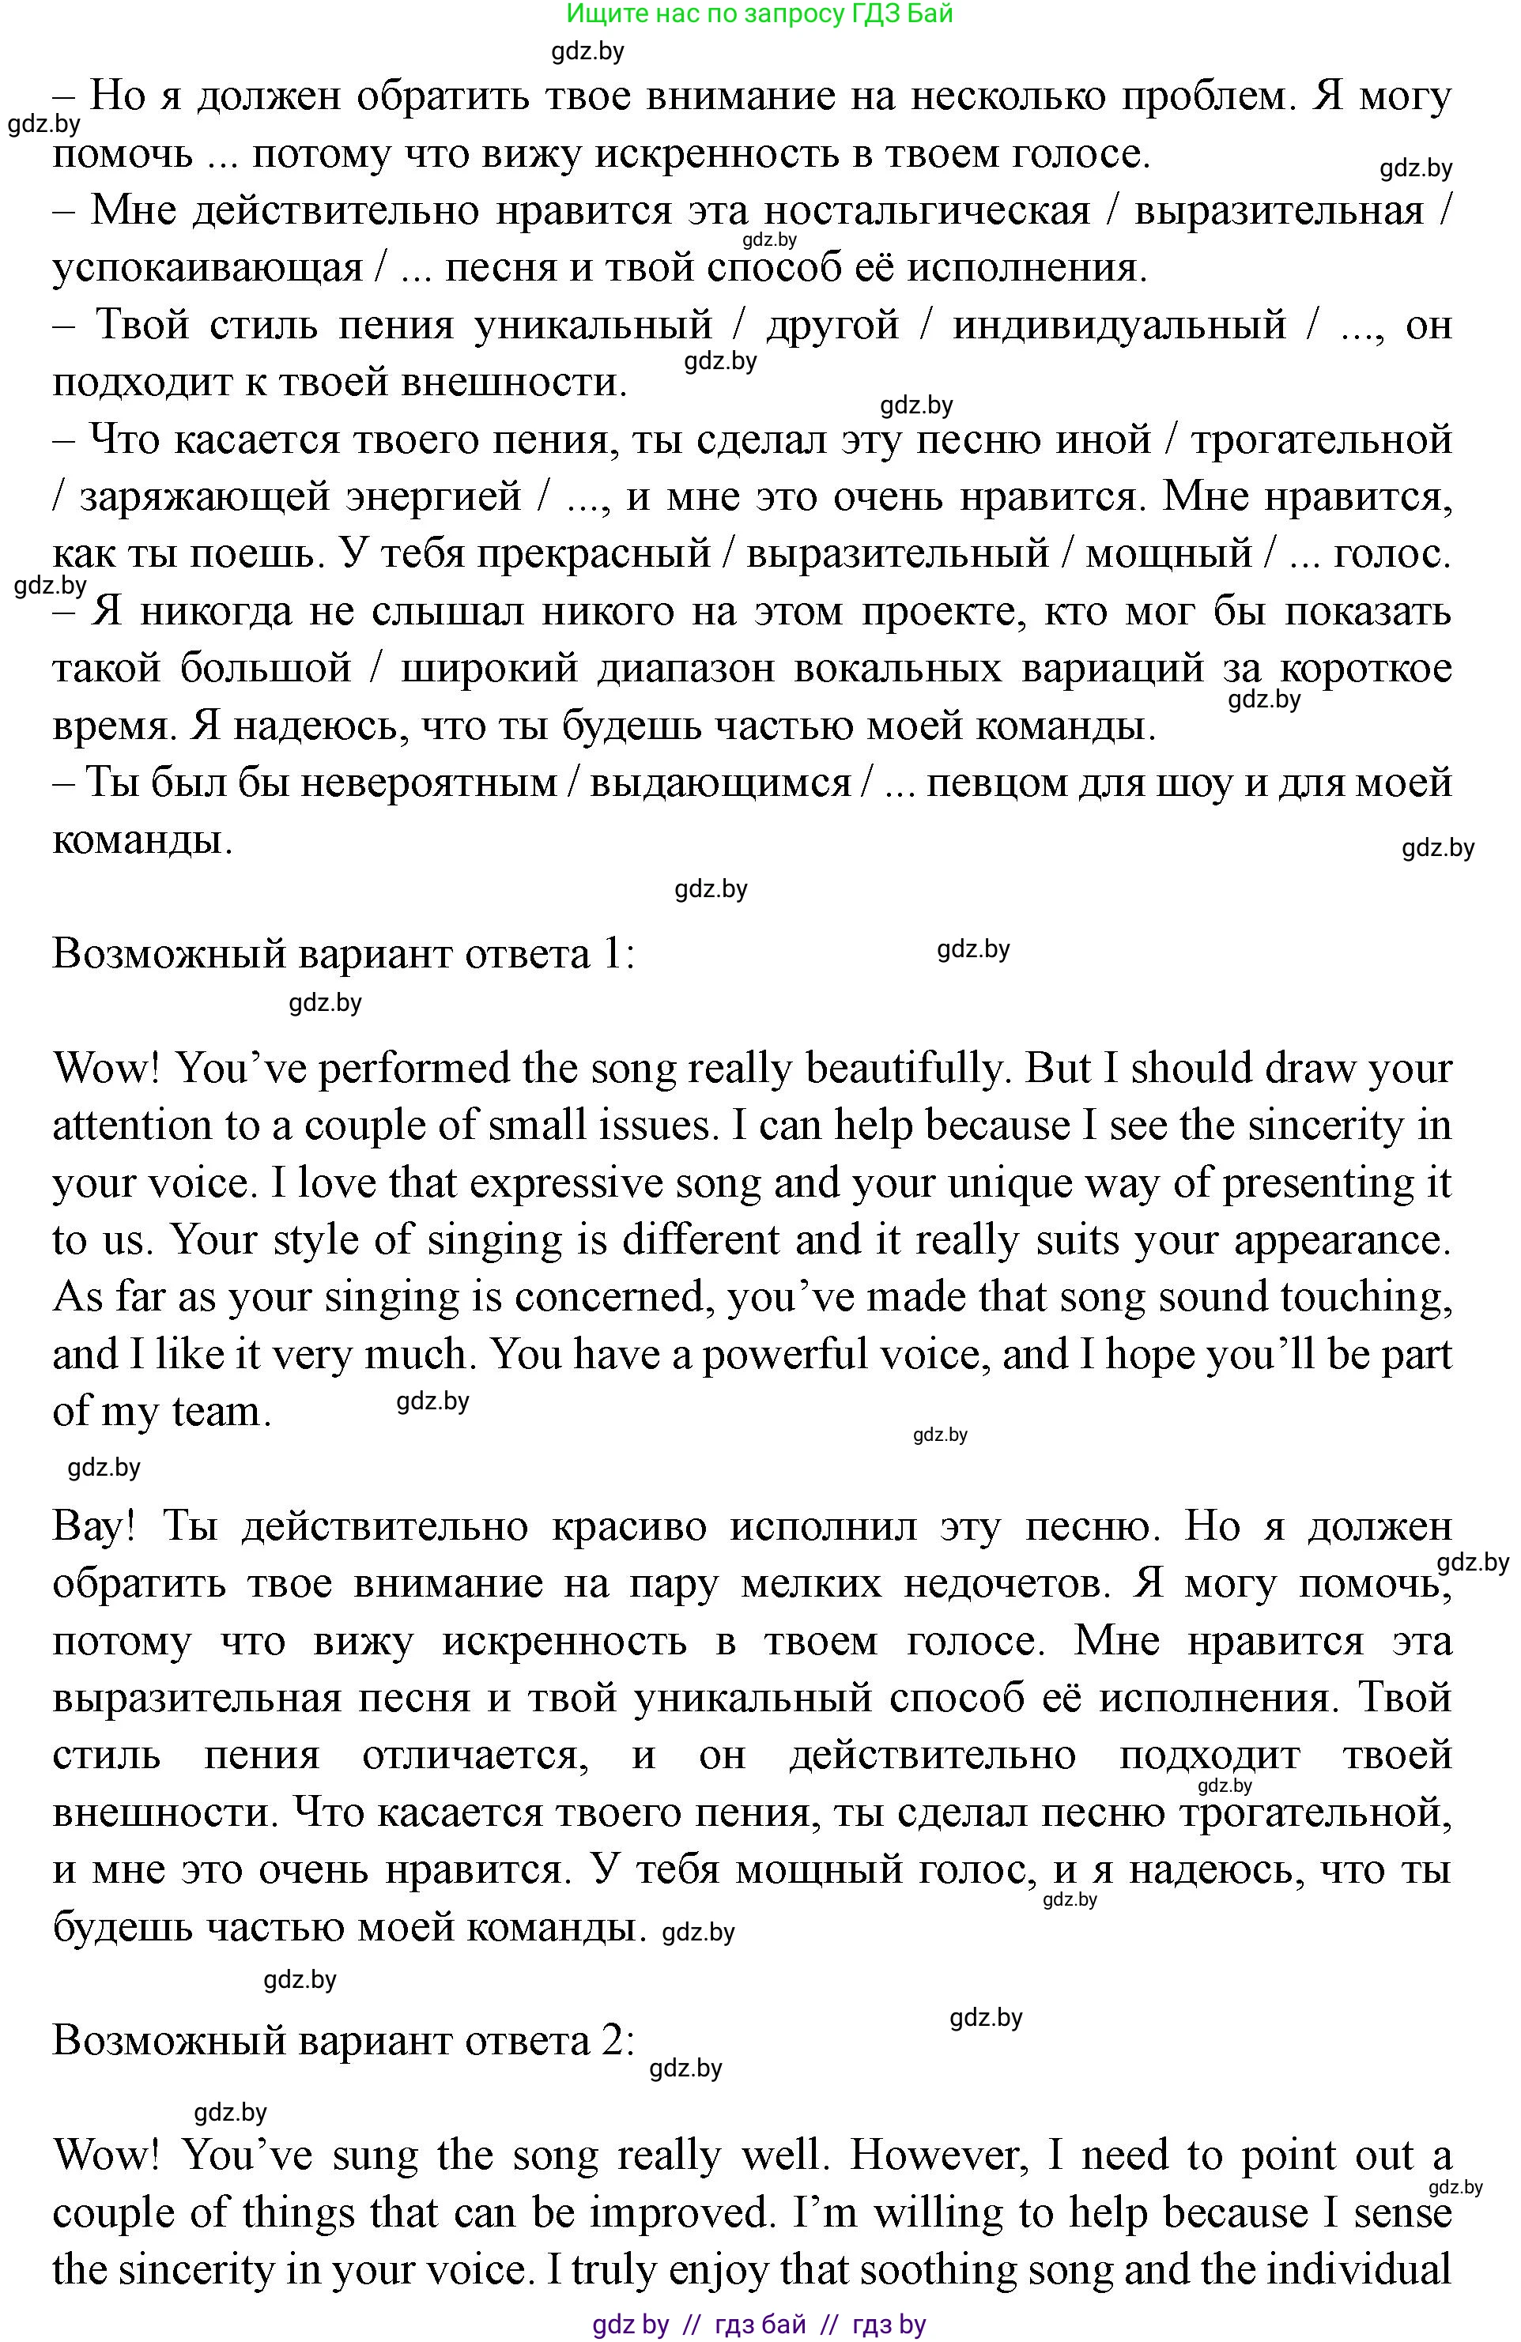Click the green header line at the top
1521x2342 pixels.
pos(760,13)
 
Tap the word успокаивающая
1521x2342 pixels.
pos(208,269)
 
